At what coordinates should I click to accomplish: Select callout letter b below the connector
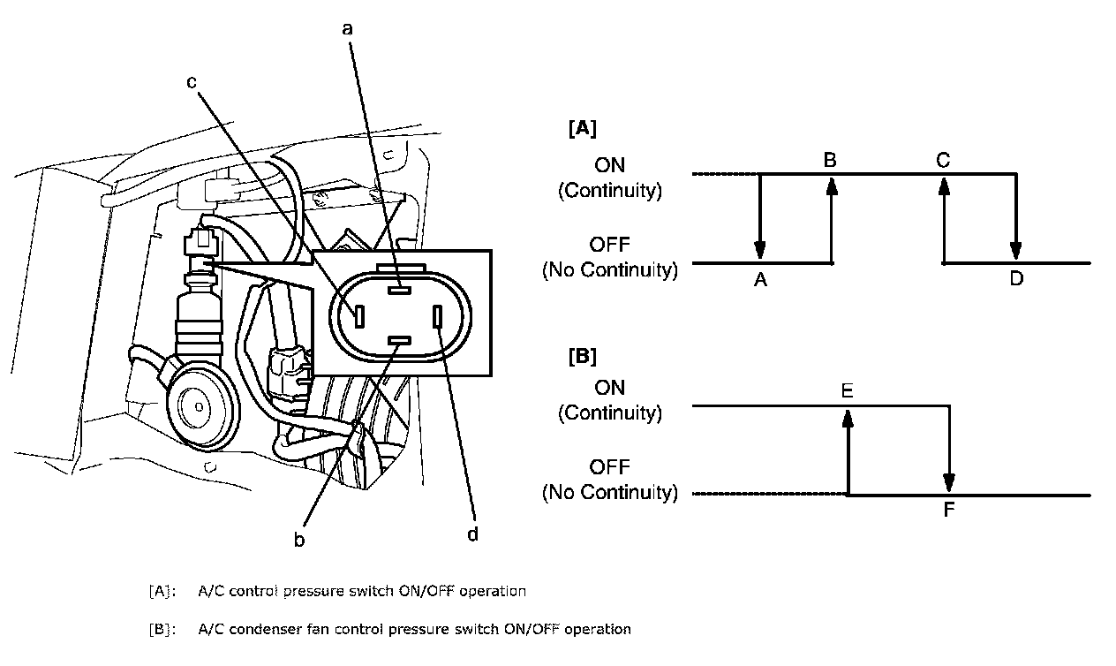299,539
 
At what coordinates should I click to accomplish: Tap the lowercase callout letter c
191,82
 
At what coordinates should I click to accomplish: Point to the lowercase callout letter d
472,534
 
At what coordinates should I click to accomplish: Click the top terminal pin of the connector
399,287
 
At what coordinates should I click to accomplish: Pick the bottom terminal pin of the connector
399,341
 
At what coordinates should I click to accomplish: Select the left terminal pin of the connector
359,315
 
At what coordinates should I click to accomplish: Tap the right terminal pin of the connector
439,314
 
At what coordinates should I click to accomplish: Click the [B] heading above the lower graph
581,357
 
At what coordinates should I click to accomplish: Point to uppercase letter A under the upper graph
760,279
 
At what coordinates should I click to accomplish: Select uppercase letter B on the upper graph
830,160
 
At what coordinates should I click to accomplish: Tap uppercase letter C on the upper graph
943,160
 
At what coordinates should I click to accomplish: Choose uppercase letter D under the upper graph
1016,279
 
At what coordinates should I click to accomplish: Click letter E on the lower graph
847,390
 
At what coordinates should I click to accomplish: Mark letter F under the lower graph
949,510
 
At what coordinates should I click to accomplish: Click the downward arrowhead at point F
949,482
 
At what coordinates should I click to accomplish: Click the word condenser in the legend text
270,629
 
